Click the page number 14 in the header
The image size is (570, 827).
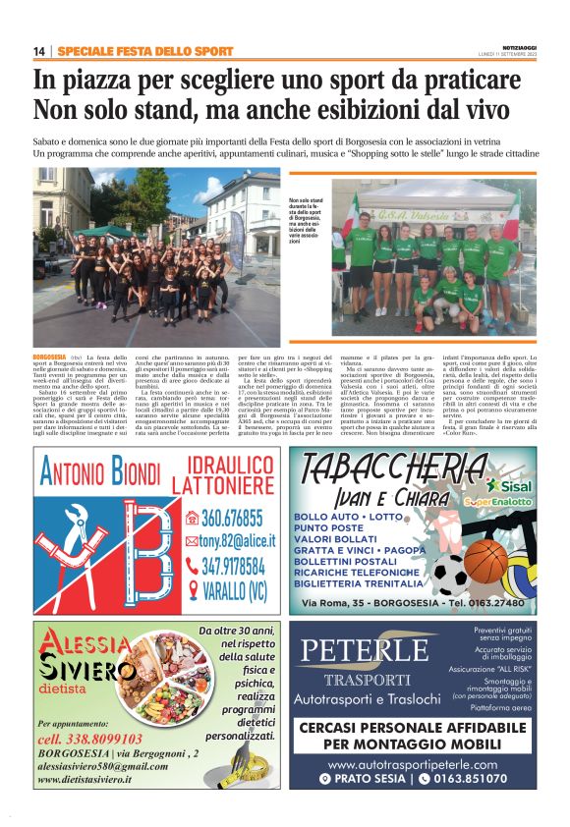tap(39, 51)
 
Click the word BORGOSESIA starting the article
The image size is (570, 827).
tap(49, 354)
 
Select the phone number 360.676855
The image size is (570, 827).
tap(231, 518)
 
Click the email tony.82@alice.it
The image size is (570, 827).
tap(232, 541)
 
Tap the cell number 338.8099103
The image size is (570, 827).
tap(89, 738)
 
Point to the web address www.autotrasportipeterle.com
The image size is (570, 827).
tap(412, 763)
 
